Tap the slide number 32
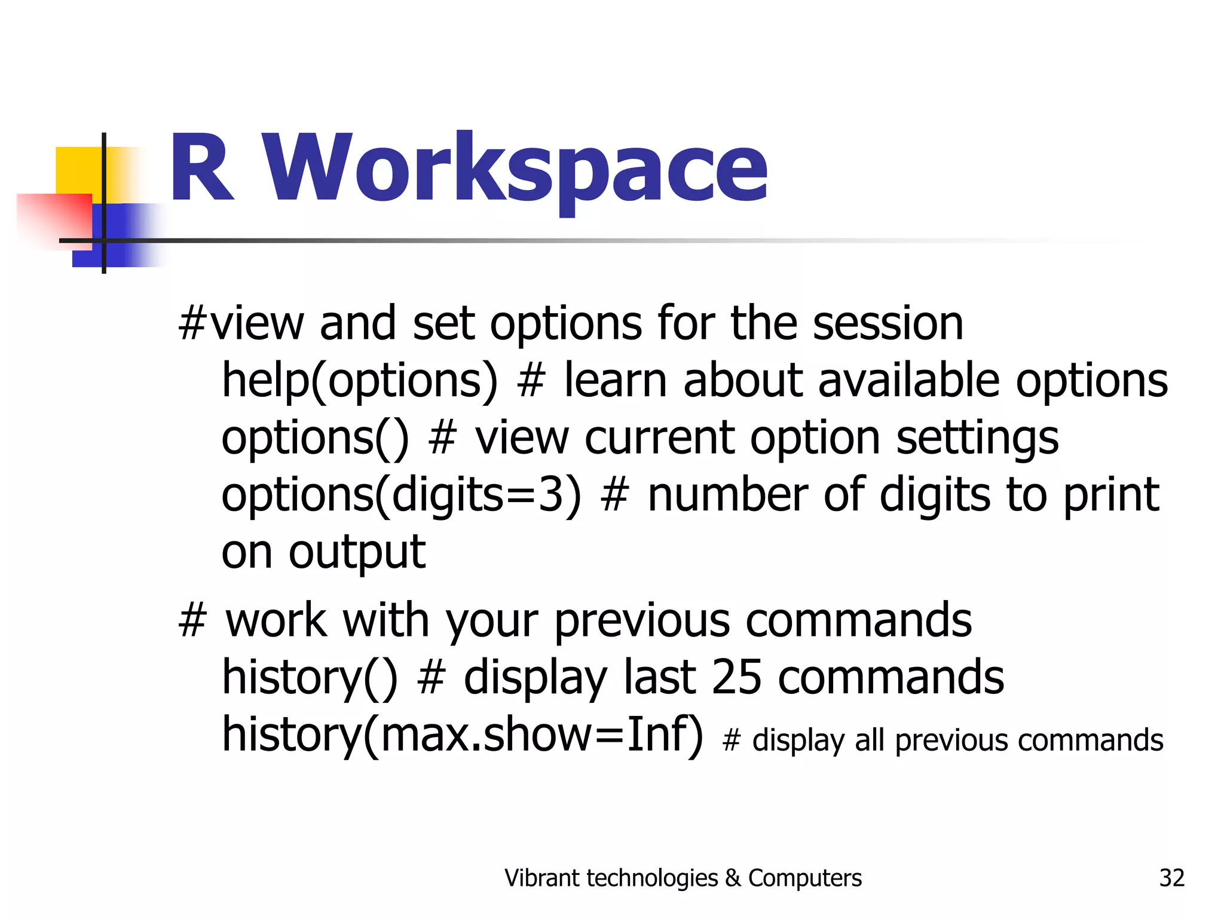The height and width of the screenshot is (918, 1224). pos(1171,878)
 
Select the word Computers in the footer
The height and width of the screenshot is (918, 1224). pos(804,878)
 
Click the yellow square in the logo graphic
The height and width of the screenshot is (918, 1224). pos(78,170)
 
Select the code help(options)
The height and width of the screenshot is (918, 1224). pos(359,381)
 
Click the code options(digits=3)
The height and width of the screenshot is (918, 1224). pos(401,495)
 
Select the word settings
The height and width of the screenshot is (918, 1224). pos(977,438)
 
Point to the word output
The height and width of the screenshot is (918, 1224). pos(357,552)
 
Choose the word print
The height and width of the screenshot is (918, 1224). pos(1111,495)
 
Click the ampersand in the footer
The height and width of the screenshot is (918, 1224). pos(733,878)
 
